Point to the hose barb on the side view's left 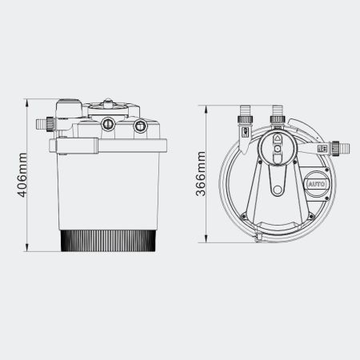click(x=42, y=124)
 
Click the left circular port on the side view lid click(x=106, y=124)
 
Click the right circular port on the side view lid click(x=141, y=125)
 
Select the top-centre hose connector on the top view click(x=278, y=112)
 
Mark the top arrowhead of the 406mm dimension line click(x=29, y=102)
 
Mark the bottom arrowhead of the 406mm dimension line click(x=29, y=248)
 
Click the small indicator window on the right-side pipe click(x=321, y=148)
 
